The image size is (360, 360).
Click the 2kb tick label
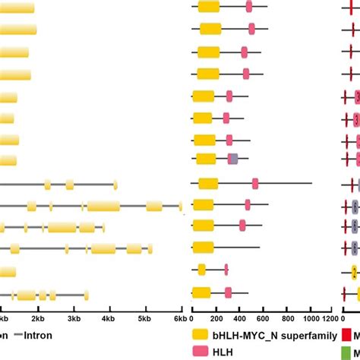tap(38, 320)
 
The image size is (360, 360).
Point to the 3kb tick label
tap(74, 320)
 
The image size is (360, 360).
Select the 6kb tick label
tap(180, 320)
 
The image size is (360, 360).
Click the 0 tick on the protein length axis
tap(192, 320)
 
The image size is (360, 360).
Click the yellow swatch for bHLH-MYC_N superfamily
tap(201, 334)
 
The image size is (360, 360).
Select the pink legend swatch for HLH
tap(201, 351)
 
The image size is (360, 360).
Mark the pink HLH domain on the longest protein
tap(255, 183)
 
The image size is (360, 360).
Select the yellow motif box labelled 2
tap(355, 271)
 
